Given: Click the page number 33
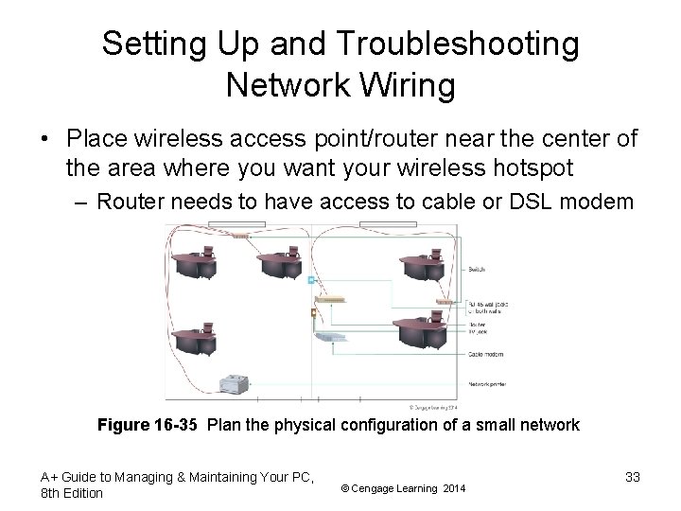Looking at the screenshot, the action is (x=632, y=477).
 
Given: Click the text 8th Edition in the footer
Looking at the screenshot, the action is (x=73, y=493).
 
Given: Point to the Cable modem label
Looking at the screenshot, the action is (x=488, y=355).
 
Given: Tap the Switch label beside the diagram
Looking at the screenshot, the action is (x=477, y=269).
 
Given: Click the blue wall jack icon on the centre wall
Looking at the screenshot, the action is (x=310, y=280).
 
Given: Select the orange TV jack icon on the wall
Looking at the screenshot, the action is (x=312, y=312).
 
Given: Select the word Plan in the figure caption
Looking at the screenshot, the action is (x=223, y=425).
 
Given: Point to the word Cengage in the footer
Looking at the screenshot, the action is (x=384, y=488).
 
